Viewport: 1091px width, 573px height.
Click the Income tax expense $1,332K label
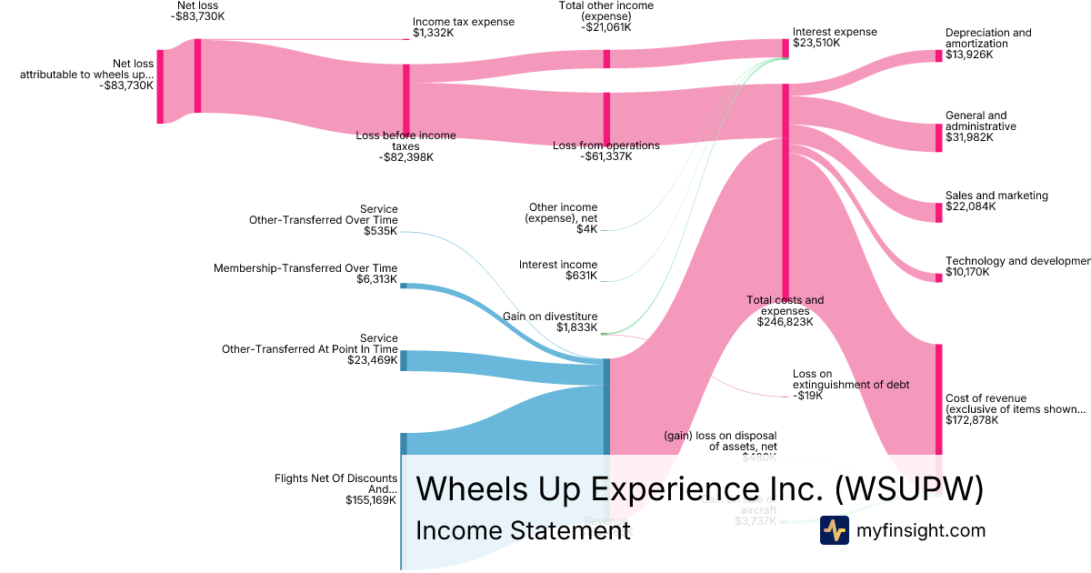463,27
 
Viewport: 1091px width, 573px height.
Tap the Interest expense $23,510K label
835,37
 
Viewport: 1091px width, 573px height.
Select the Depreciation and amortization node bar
939,55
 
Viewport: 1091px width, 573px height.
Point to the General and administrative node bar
939,137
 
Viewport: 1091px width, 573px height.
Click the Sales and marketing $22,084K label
996,201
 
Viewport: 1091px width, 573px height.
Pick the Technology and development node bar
939,277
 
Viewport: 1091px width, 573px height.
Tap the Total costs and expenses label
785,310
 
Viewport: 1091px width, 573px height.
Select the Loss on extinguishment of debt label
850,385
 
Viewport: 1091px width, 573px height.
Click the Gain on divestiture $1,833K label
550,322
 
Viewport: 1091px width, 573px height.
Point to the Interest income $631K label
558,270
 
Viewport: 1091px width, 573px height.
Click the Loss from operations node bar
606,119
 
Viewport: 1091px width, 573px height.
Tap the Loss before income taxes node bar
406,99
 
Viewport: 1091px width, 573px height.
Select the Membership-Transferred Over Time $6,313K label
305,274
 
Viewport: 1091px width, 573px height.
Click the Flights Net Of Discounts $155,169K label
335,488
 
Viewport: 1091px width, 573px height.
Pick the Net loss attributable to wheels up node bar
160,86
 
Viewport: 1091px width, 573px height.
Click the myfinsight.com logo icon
834,530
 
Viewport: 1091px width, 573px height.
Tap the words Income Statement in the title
523,531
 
